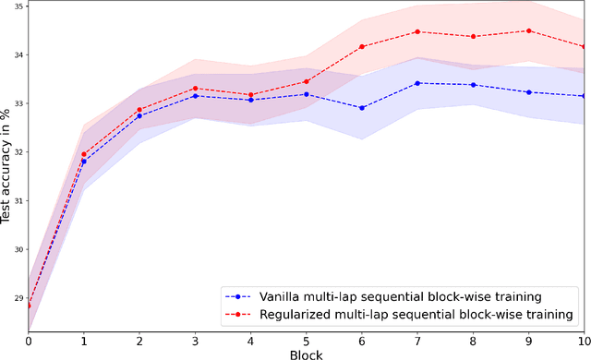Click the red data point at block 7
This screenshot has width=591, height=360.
417,31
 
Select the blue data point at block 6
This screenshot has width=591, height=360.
362,108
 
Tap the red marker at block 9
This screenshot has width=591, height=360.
529,30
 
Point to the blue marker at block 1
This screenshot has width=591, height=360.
84,162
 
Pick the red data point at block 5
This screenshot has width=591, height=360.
307,81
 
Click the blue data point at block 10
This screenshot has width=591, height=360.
585,96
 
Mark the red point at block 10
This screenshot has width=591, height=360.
585,46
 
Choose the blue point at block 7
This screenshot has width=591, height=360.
417,83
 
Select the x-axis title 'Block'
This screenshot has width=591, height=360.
307,353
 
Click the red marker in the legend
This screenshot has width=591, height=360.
239,315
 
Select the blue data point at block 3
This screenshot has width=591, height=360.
195,96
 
